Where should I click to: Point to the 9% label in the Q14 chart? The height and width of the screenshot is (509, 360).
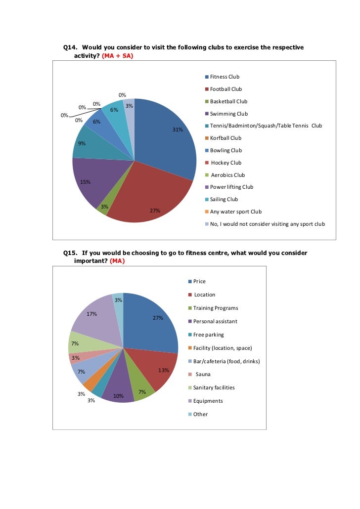click(x=82, y=144)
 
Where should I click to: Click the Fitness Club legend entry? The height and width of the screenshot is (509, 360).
click(x=225, y=77)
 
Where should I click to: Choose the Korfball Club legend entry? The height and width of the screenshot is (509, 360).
click(x=225, y=138)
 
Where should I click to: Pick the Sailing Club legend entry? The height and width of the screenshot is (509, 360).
click(x=224, y=199)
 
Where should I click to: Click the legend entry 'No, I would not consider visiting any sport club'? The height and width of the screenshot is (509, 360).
click(x=267, y=224)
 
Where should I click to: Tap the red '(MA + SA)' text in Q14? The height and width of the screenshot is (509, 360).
click(x=117, y=56)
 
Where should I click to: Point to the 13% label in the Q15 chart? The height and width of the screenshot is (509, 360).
click(x=164, y=370)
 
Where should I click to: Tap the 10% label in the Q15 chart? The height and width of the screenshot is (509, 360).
click(x=118, y=396)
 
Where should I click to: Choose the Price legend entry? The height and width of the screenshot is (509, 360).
click(x=199, y=281)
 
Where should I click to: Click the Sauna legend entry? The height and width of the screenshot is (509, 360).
click(x=203, y=374)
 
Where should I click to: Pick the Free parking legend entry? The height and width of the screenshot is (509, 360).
click(x=208, y=335)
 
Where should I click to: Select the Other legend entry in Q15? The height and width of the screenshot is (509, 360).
click(x=200, y=414)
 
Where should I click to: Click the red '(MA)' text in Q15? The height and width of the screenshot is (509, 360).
click(x=117, y=261)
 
